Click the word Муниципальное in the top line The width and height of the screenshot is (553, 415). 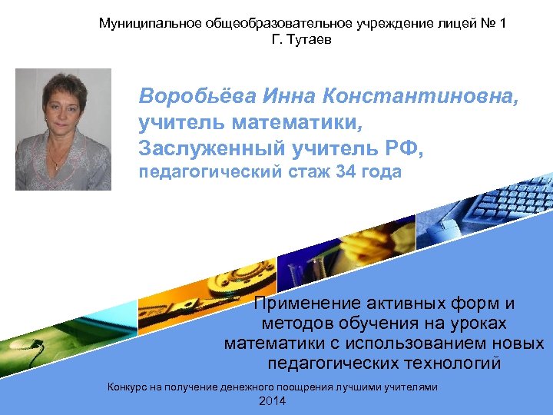[x=149, y=23]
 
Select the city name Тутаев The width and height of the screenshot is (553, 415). [x=310, y=39]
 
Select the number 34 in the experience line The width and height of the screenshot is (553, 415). [x=347, y=172]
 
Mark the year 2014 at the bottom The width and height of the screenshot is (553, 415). [x=273, y=402]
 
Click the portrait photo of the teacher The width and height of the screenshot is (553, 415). [x=63, y=129]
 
